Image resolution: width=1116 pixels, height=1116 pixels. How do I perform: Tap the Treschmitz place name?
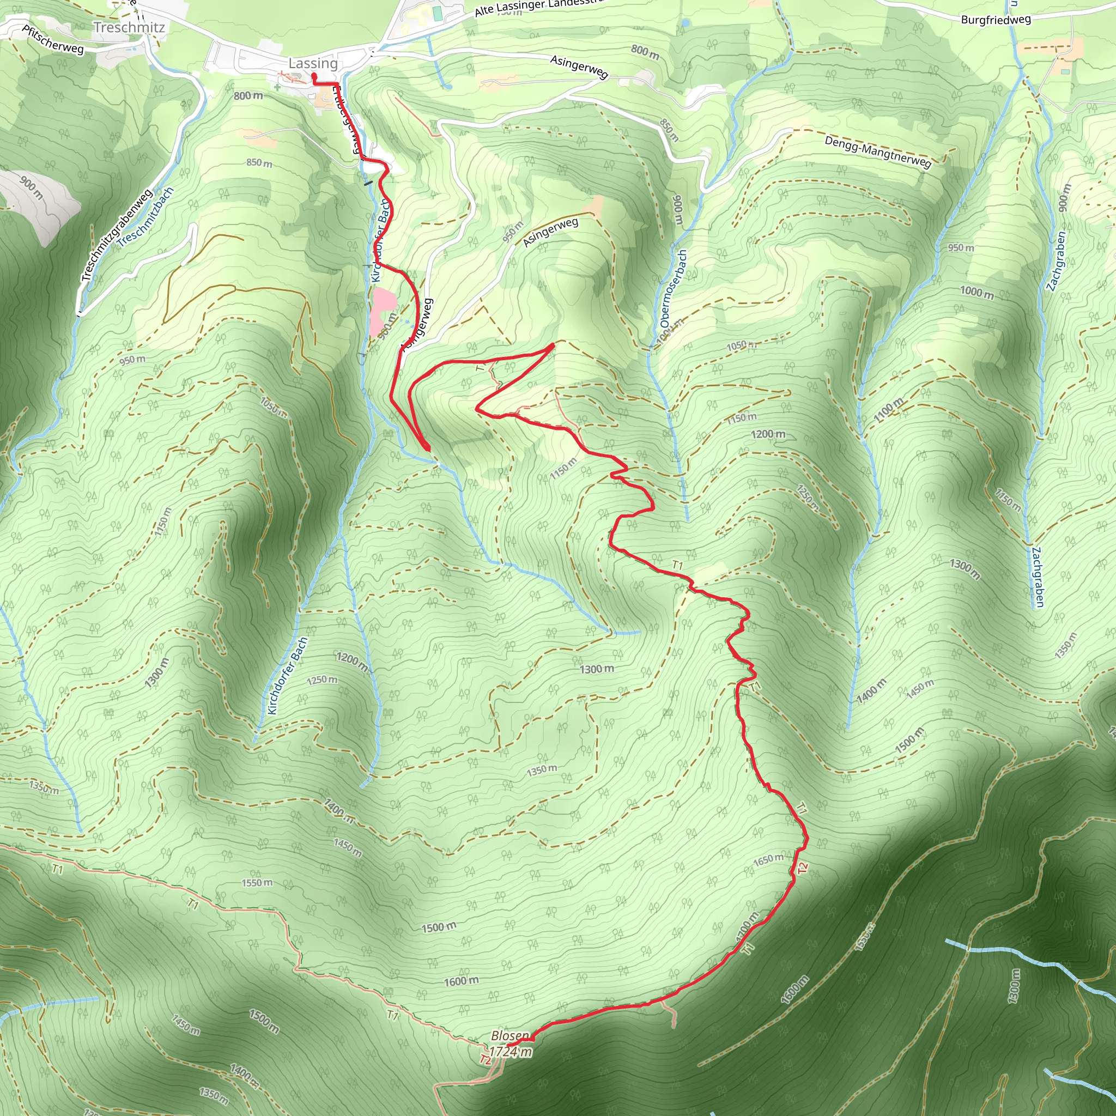tap(129, 27)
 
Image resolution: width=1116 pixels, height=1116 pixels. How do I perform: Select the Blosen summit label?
tap(510, 1036)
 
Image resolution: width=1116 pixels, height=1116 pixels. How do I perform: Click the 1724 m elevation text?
tap(511, 1051)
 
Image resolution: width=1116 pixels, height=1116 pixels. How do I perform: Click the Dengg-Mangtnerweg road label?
tap(877, 151)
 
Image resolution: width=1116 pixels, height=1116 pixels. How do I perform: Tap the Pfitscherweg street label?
tap(53, 39)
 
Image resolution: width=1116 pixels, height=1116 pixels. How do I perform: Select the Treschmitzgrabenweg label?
tap(117, 235)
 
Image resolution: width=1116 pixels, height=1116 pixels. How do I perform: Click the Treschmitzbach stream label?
tap(145, 217)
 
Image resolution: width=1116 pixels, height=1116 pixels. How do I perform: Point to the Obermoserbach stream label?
tap(674, 288)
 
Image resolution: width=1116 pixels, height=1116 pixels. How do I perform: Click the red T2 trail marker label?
tap(802, 868)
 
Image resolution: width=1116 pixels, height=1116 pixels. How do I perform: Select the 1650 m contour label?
tap(768, 859)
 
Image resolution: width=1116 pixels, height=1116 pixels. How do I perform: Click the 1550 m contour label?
tap(257, 883)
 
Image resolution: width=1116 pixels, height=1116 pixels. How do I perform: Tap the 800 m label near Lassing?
tap(248, 95)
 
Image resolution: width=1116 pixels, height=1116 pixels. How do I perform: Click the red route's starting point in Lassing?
tap(314, 75)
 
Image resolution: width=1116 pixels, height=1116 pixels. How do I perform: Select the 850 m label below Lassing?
tap(259, 163)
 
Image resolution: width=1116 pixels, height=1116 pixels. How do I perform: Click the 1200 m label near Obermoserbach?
tap(768, 434)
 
